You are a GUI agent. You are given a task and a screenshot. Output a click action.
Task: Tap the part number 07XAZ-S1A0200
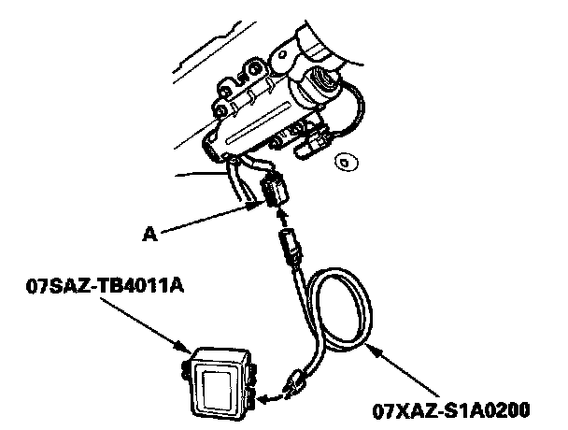click(x=450, y=409)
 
